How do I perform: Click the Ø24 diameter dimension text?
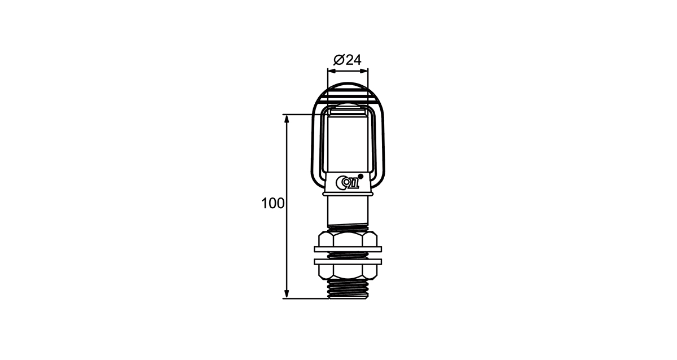tap(348, 60)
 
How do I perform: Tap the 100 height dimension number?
tap(272, 204)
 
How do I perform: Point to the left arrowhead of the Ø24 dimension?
tap(332, 71)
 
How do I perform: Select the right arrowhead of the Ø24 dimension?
tap(364, 71)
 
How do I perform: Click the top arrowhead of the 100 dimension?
tap(287, 119)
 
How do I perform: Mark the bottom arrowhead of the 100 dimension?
tap(287, 294)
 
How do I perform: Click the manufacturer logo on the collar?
tap(348, 182)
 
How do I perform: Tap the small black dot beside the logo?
tap(361, 176)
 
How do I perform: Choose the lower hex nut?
tap(348, 272)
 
